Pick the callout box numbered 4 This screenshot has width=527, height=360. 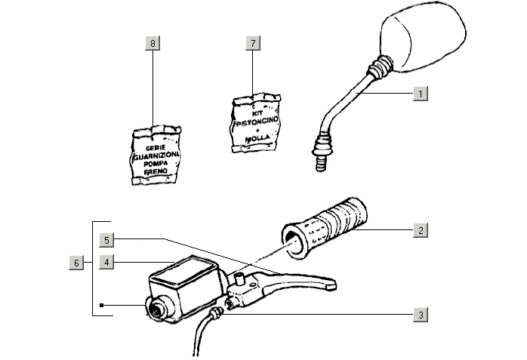(x=108, y=263)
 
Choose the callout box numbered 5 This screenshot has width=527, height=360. (x=108, y=240)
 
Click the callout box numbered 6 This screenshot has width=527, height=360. (x=76, y=263)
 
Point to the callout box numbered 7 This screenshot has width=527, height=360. (x=251, y=43)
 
